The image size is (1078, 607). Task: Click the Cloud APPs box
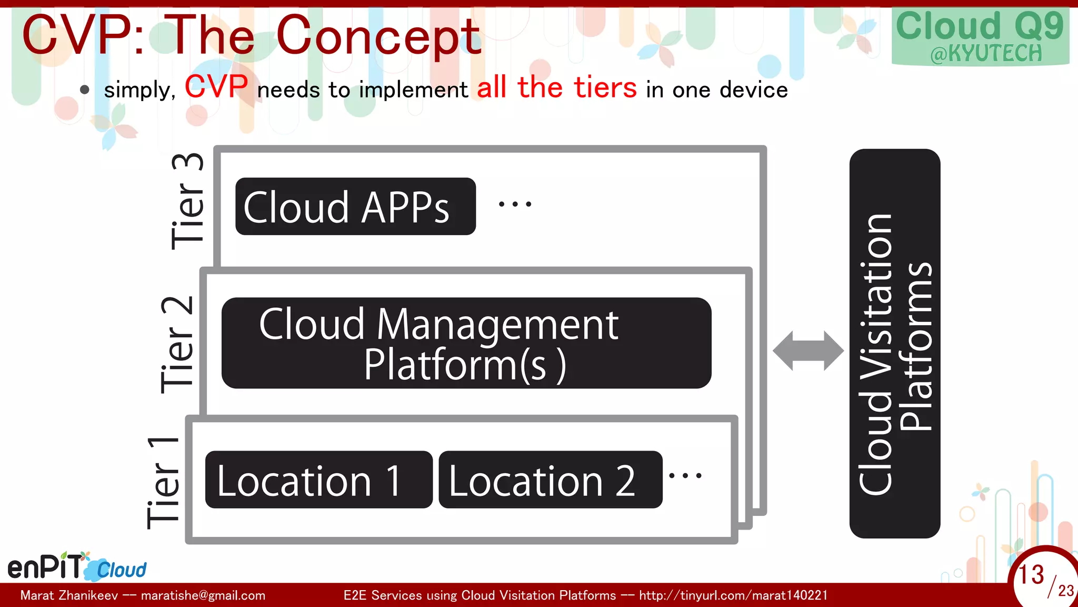point(355,207)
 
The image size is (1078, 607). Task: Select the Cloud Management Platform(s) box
point(466,343)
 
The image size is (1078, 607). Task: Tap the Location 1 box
point(318,479)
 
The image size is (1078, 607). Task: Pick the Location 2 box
point(550,479)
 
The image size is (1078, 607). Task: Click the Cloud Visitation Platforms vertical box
point(894,344)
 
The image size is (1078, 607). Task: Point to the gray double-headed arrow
point(808,350)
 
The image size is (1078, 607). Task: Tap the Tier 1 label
point(163,483)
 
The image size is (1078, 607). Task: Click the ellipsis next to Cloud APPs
point(515,204)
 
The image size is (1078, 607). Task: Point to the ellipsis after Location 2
point(685,476)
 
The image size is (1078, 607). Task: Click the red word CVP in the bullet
point(216,86)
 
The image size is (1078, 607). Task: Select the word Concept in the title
point(378,36)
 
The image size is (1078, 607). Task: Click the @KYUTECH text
point(986,54)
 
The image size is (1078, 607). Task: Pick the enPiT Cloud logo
point(77,567)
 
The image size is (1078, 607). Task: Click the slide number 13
point(1031,574)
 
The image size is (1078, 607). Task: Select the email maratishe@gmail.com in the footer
point(203,595)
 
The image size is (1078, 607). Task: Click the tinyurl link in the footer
point(733,595)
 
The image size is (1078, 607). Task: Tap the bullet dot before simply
point(85,90)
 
